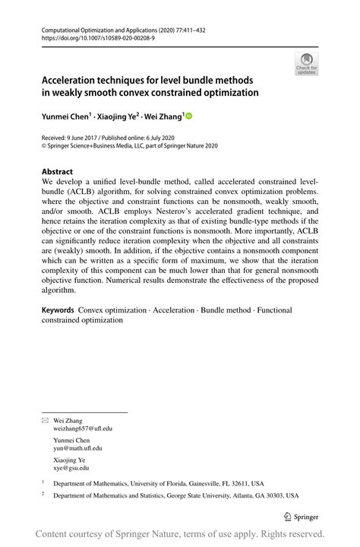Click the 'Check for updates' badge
pos(308,64)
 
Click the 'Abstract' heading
pos(57,172)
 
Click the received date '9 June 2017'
pos(86,138)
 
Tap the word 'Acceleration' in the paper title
pos(74,80)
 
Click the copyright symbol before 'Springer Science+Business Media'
pos(44,146)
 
